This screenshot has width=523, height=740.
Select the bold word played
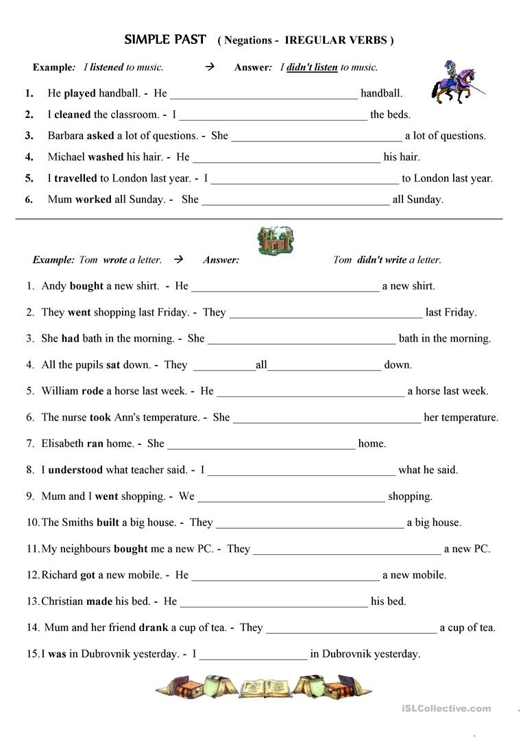tap(80, 93)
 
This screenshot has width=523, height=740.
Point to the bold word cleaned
tap(73, 115)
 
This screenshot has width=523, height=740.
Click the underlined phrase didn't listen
tap(312, 67)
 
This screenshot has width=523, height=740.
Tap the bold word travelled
tap(75, 178)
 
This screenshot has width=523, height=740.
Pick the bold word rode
tap(93, 391)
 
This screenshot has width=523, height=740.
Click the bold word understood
tap(75, 470)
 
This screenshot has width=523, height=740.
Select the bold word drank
tap(154, 628)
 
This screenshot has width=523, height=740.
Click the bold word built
tap(108, 523)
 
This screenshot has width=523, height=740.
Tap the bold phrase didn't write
tap(382, 260)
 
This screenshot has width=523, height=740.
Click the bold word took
tap(99, 418)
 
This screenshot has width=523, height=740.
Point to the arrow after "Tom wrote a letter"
tap(179, 260)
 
